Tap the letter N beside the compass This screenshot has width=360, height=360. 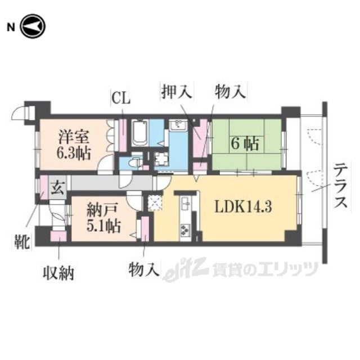click(x=10, y=27)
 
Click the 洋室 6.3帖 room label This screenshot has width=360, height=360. click(x=74, y=145)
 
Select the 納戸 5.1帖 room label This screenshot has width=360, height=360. click(x=103, y=219)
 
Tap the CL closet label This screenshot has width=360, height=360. click(x=120, y=100)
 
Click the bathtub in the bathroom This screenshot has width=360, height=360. click(x=139, y=133)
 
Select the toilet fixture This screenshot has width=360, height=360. click(x=133, y=163)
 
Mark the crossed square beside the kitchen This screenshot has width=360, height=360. click(x=154, y=202)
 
